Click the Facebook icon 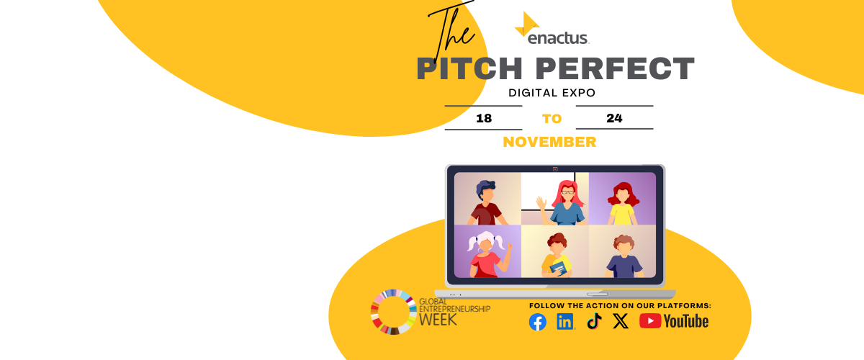pyautogui.click(x=538, y=322)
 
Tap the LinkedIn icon pyautogui.click(x=565, y=321)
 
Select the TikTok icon pyautogui.click(x=595, y=321)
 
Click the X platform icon pyautogui.click(x=621, y=321)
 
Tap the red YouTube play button pyautogui.click(x=650, y=321)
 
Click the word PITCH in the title pyautogui.click(x=469, y=68)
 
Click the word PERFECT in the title pyautogui.click(x=615, y=68)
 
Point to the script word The pyautogui.click(x=451, y=31)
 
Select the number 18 pyautogui.click(x=484, y=118)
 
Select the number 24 pyautogui.click(x=614, y=118)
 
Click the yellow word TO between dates pyautogui.click(x=552, y=119)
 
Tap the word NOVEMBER pyautogui.click(x=549, y=142)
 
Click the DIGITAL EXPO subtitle pyautogui.click(x=552, y=93)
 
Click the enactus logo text pyautogui.click(x=558, y=38)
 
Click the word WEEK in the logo pyautogui.click(x=438, y=320)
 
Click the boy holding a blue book pyautogui.click(x=557, y=256)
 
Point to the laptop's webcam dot pyautogui.click(x=555, y=169)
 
